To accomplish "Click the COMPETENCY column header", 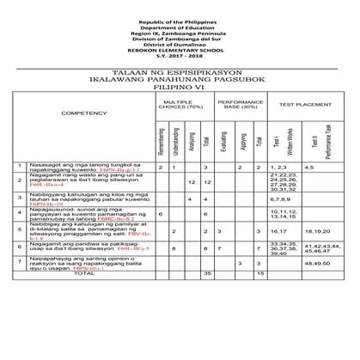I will pos(85,113).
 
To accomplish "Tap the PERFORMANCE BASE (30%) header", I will pos(236,104).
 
